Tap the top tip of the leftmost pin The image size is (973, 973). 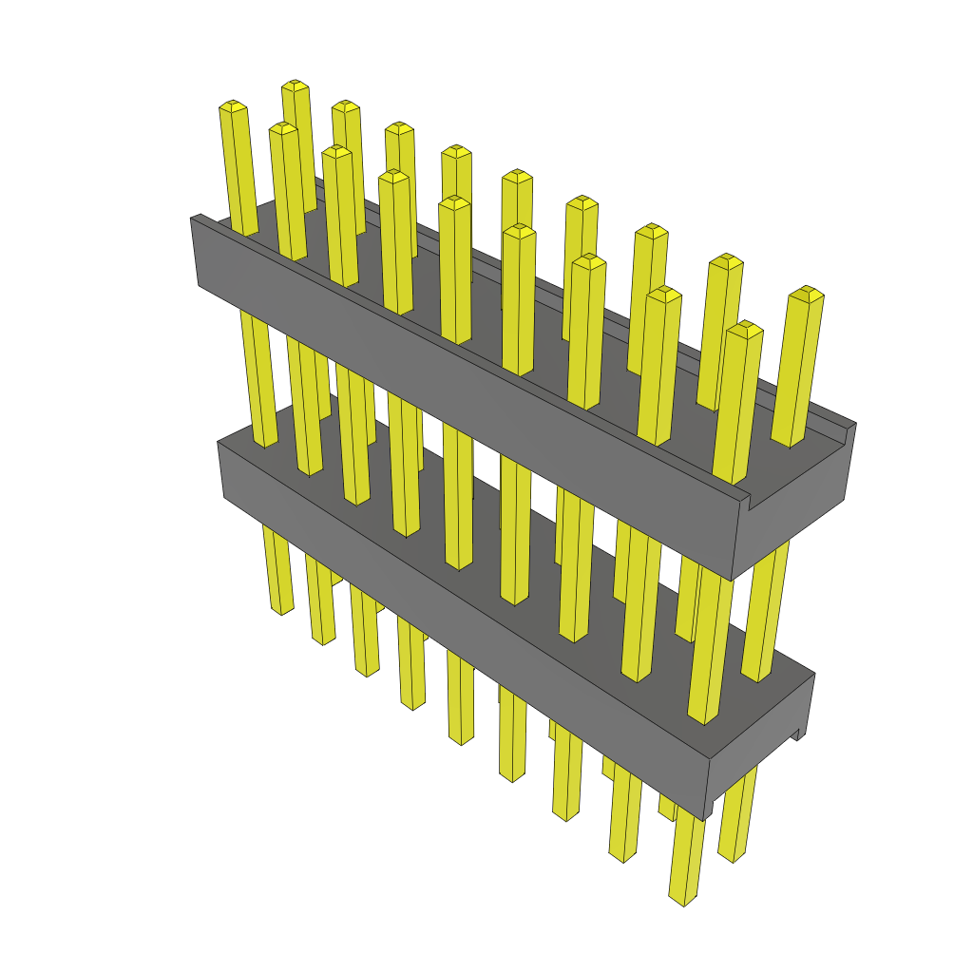[233, 105]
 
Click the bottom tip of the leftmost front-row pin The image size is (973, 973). [281, 609]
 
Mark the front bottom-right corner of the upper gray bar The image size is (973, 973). [731, 579]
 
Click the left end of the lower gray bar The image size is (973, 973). [222, 470]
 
